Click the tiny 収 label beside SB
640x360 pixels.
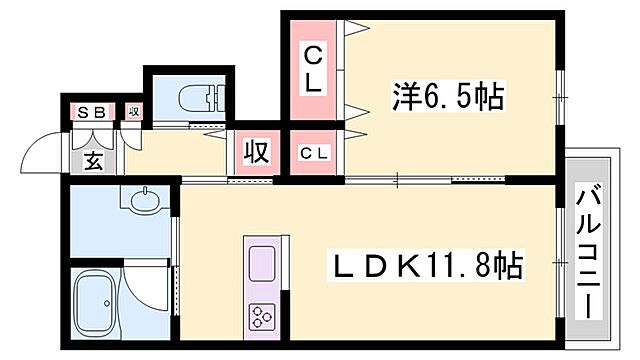134,112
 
